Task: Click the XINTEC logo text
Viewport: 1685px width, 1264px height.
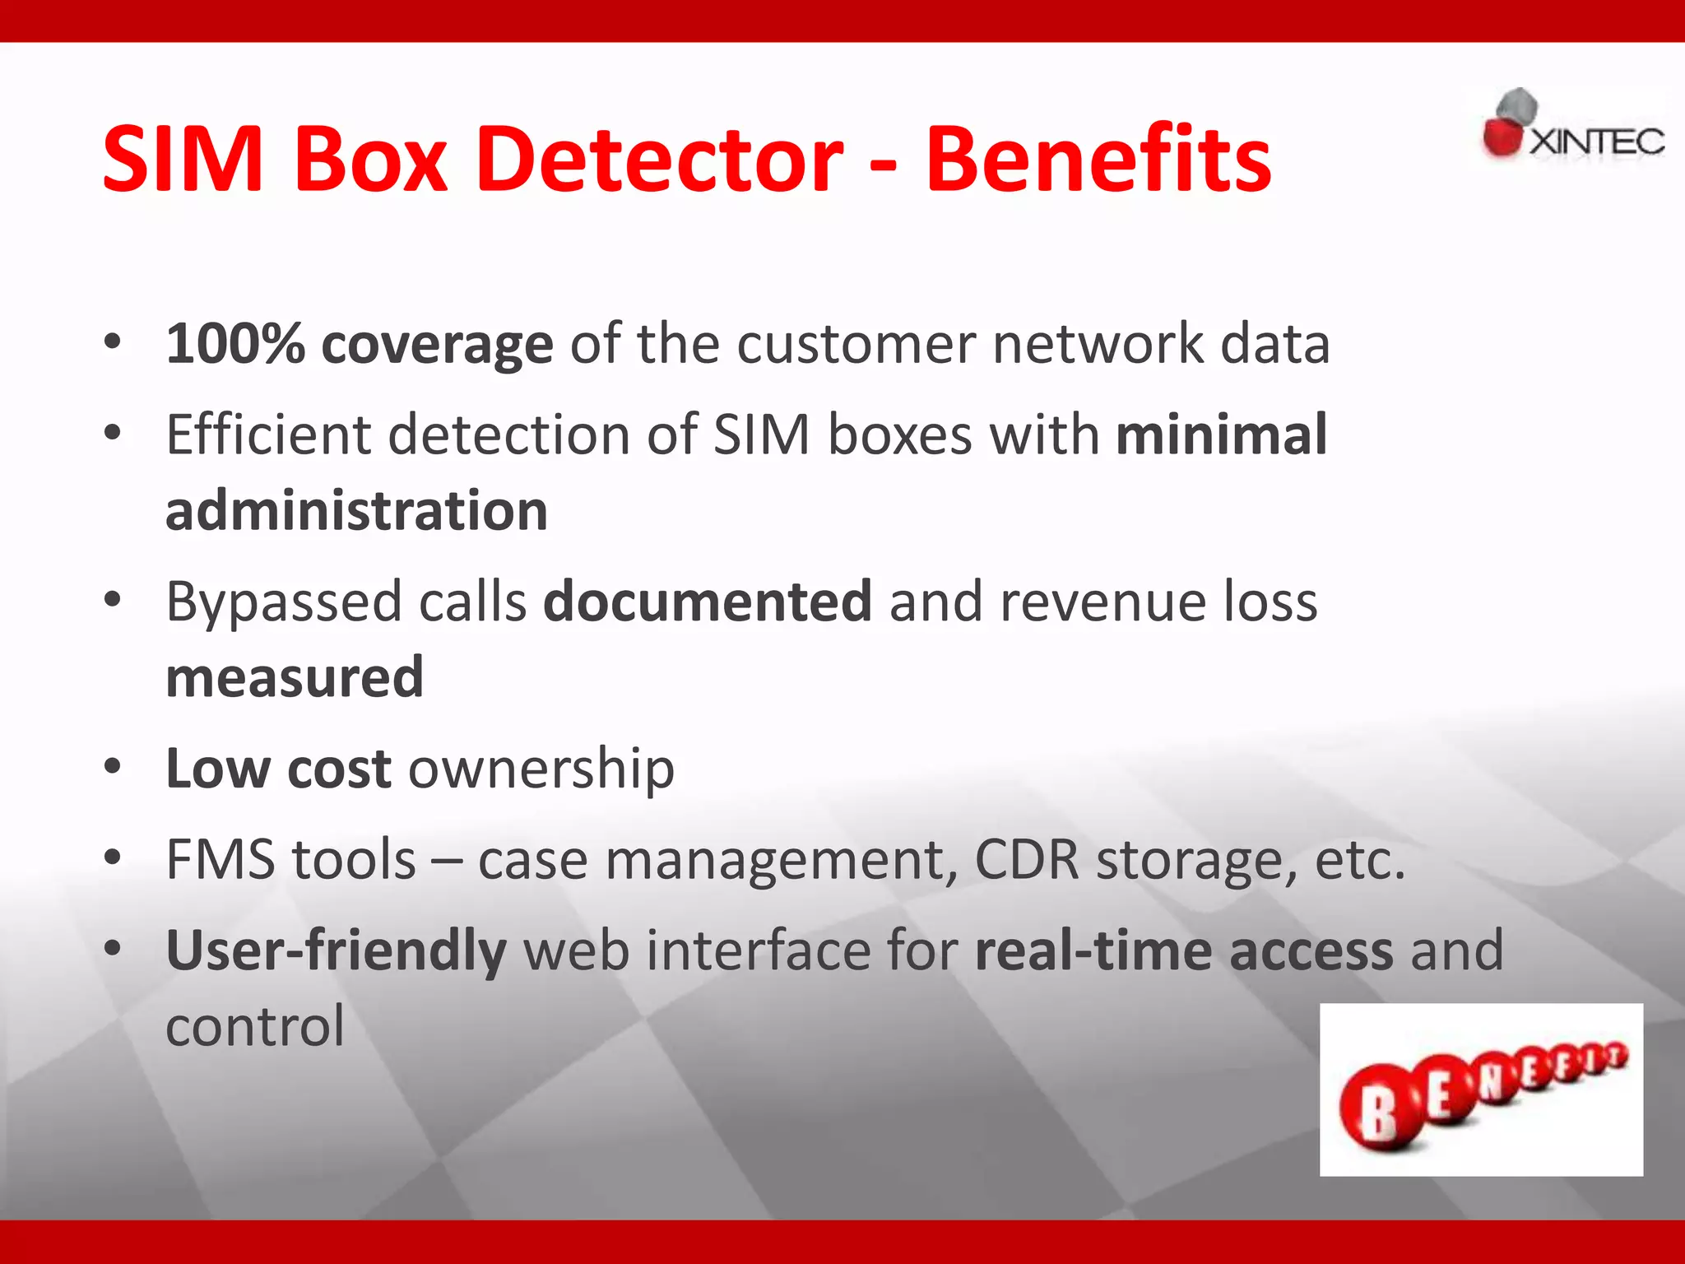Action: click(x=1596, y=142)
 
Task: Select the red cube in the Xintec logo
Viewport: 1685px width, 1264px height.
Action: click(x=1502, y=137)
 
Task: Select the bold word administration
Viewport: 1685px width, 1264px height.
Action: click(x=356, y=510)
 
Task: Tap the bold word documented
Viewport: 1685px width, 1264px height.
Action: click(x=708, y=601)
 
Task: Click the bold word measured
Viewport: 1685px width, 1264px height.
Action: click(x=295, y=677)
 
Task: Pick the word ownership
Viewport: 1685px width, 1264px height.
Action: click(x=541, y=769)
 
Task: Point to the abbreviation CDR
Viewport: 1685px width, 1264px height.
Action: click(x=1026, y=859)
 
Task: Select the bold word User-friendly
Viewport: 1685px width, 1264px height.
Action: click(x=336, y=951)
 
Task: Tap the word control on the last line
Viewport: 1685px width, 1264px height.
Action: click(x=255, y=1026)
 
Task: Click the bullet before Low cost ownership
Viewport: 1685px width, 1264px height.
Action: click(x=113, y=767)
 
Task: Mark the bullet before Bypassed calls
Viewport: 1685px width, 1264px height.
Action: click(x=113, y=600)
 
